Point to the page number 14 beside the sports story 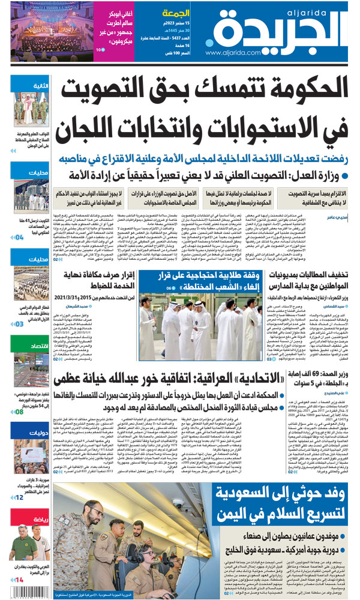coord(19,580)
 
